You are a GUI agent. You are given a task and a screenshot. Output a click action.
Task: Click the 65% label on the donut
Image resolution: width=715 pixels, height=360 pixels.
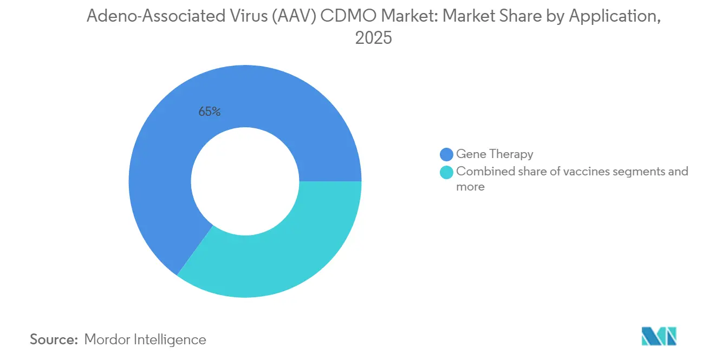pos(209,112)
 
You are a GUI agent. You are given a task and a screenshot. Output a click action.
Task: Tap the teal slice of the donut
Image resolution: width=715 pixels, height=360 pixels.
pos(282,254)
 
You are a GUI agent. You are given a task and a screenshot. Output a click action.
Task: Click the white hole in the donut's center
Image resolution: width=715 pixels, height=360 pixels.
pos(245,181)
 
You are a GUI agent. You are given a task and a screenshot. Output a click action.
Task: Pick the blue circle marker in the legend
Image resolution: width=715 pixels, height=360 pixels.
pos(447,154)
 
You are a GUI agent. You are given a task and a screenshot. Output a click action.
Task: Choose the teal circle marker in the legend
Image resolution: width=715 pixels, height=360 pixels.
pos(447,172)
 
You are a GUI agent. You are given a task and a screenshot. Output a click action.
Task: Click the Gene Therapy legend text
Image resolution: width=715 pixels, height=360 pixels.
pos(495,154)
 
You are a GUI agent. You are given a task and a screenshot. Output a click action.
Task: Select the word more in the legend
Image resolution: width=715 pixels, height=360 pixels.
pos(470,187)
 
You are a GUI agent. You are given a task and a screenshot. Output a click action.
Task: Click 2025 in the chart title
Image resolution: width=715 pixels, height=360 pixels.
pos(373,38)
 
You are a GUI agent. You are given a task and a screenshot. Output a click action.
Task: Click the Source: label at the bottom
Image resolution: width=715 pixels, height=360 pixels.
pos(54,339)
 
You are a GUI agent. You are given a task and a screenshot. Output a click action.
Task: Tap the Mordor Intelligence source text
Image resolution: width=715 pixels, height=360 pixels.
pos(145,339)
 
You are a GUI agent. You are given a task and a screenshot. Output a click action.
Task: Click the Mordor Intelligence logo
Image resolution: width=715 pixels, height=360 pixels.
pos(659,336)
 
